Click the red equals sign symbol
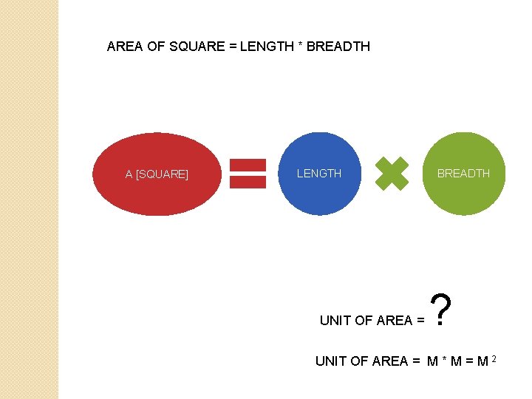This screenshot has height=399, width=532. pyautogui.click(x=248, y=174)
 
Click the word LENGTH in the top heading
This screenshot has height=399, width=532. pyautogui.click(x=266, y=47)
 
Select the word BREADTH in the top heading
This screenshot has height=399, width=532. pyautogui.click(x=338, y=47)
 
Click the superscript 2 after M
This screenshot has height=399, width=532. pyautogui.click(x=493, y=358)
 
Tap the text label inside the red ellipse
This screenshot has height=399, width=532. pyautogui.click(x=157, y=174)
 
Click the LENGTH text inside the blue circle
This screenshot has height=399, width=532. pyautogui.click(x=319, y=174)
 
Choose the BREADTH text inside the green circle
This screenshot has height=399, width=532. pyautogui.click(x=463, y=174)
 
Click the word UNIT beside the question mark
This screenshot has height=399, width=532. pyautogui.click(x=335, y=321)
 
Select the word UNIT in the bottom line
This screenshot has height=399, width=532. pyautogui.click(x=331, y=361)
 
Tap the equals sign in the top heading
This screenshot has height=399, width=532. pyautogui.click(x=233, y=47)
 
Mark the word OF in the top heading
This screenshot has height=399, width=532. pyautogui.click(x=155, y=47)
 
